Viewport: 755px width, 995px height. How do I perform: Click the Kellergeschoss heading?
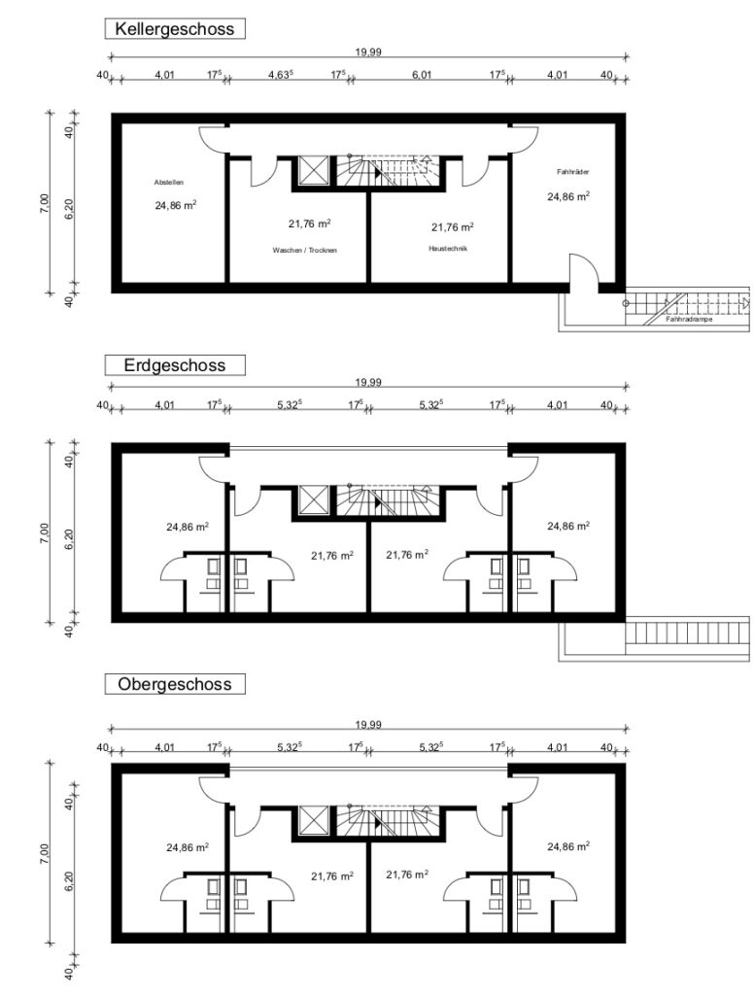[175, 29]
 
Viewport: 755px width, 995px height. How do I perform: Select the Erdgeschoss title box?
[175, 365]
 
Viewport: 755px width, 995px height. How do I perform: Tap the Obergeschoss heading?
[175, 684]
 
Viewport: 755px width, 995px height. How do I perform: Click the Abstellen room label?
[169, 183]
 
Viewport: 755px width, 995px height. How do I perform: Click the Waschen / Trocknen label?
[304, 251]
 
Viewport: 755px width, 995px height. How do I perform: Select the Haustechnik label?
[448, 249]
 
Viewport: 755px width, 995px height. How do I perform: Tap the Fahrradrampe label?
[689, 320]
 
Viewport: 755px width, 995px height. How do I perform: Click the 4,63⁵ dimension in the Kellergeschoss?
[281, 74]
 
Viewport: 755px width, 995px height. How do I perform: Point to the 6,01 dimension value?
[422, 75]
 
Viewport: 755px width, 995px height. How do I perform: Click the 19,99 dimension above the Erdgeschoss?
[368, 382]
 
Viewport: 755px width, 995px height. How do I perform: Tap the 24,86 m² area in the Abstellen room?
[175, 205]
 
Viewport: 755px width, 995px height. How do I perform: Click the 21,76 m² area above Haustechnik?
[453, 227]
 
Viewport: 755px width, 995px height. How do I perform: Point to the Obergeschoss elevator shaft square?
[314, 821]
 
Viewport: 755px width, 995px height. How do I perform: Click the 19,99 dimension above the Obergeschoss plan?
[368, 725]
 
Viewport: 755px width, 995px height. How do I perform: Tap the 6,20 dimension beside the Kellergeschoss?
[69, 209]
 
